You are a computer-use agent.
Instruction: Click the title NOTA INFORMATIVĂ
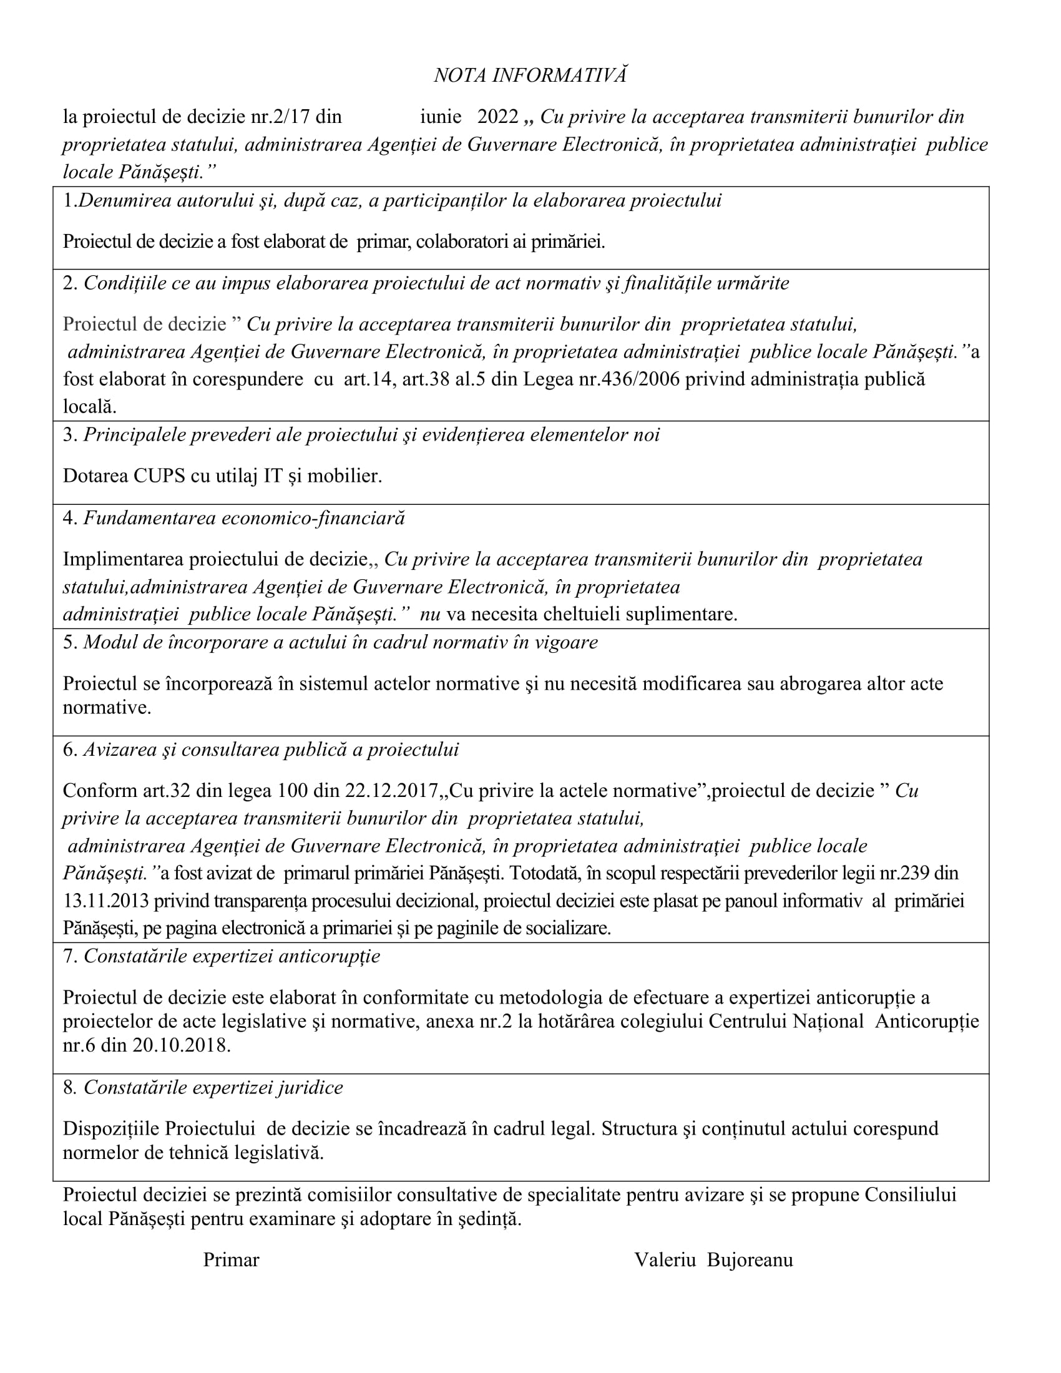tap(530, 76)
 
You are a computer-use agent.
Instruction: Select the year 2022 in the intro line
tap(497, 117)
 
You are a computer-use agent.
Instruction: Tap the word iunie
tap(441, 117)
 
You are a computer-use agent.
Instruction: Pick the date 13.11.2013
tap(105, 901)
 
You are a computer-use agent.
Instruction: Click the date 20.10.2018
tap(182, 1045)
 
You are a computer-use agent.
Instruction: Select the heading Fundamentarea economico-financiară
tap(244, 518)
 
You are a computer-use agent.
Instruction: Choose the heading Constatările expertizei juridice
tap(213, 1088)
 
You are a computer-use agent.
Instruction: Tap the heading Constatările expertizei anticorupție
tap(232, 956)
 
